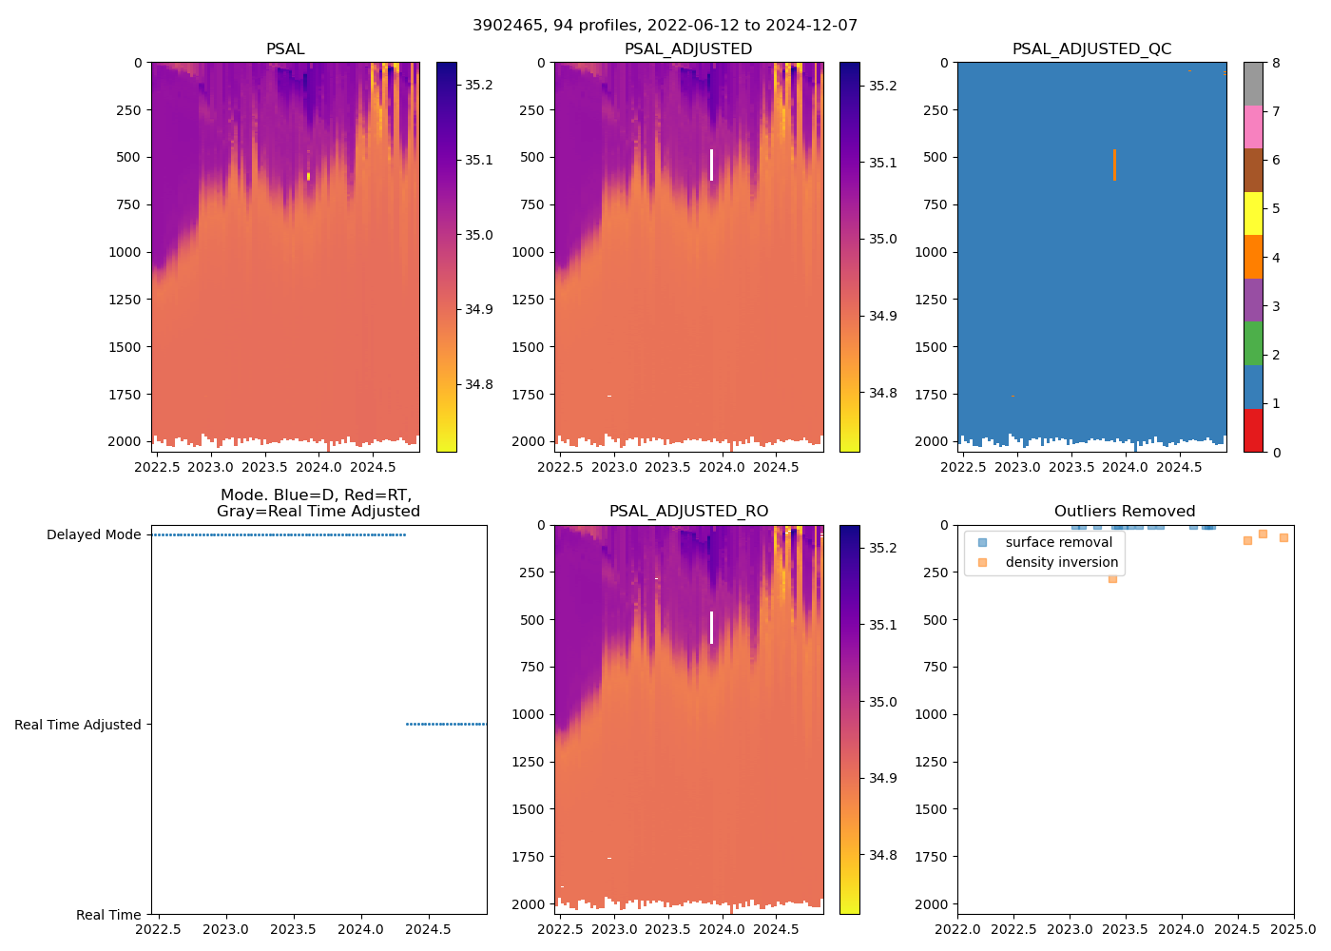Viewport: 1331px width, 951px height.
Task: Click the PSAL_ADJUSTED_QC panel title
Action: click(x=1091, y=49)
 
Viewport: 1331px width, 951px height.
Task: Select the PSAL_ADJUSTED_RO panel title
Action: click(x=688, y=512)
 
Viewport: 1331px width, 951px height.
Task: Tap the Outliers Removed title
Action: click(x=1125, y=512)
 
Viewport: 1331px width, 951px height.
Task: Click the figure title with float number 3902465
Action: click(x=665, y=26)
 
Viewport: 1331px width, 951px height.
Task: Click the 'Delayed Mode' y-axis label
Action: click(x=93, y=535)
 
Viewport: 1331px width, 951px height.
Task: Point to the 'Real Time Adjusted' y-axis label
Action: click(x=77, y=725)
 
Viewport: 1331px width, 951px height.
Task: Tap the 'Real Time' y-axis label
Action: click(x=108, y=915)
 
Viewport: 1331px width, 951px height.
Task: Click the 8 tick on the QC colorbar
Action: click(x=1276, y=63)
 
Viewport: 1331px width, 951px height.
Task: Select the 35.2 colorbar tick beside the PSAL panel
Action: click(x=478, y=85)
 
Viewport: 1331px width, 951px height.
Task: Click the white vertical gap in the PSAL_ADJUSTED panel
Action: click(x=711, y=165)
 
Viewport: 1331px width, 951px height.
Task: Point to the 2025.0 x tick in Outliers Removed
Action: click(x=1293, y=929)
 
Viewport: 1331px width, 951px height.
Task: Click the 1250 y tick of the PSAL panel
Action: click(x=125, y=300)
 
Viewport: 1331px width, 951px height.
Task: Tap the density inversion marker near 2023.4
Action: click(x=1112, y=578)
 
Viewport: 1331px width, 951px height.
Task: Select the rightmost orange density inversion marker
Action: click(x=1283, y=538)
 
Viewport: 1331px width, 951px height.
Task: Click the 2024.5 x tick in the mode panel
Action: click(x=428, y=929)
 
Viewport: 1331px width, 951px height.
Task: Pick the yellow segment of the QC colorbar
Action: click(x=1253, y=214)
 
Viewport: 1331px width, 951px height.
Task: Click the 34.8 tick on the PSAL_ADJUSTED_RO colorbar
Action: click(x=883, y=855)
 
